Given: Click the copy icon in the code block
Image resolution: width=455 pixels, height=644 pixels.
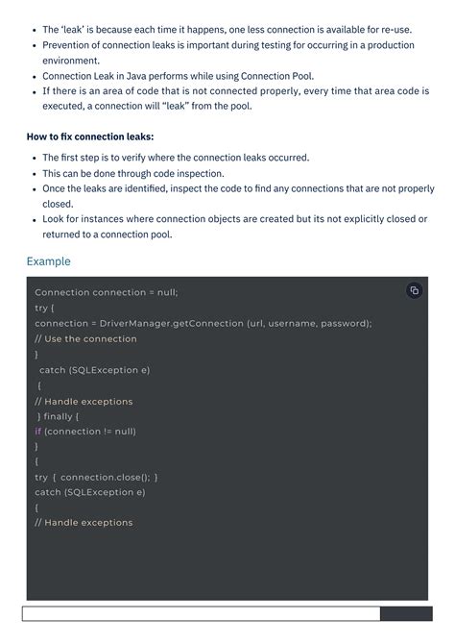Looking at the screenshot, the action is point(414,290).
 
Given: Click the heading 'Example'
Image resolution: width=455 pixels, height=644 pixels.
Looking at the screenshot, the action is point(48,261).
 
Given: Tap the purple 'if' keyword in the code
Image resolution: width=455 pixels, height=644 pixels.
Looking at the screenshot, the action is point(37,432).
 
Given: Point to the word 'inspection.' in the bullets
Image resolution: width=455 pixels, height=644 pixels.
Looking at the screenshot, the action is point(199,174).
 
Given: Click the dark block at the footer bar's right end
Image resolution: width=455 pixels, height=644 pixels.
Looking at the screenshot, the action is point(403,614).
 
